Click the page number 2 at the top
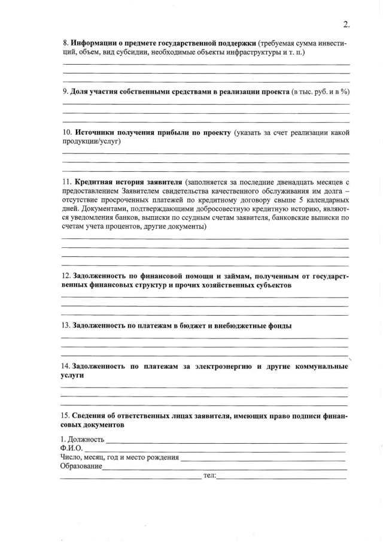346,25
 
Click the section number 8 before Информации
65,44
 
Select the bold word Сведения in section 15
89,416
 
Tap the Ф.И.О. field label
71,448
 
